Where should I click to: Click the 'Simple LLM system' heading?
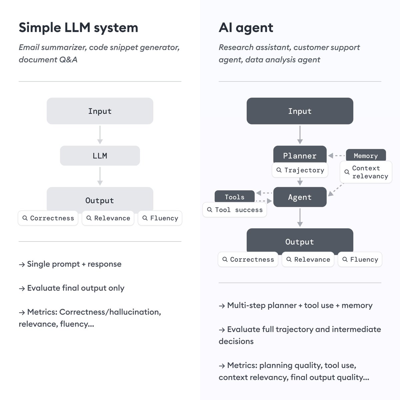pyautogui.click(x=78, y=28)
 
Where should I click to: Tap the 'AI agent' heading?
pyautogui.click(x=246, y=28)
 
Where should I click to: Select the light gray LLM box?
pyautogui.click(x=100, y=156)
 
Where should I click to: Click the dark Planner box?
pyautogui.click(x=300, y=155)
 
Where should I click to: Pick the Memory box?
pyautogui.click(x=366, y=155)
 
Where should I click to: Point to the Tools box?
pyautogui.click(x=234, y=196)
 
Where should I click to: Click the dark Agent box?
pyautogui.click(x=300, y=197)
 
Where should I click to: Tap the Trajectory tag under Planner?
pyautogui.click(x=300, y=170)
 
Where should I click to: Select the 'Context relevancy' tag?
pyautogui.click(x=366, y=172)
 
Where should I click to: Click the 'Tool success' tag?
pyautogui.click(x=235, y=210)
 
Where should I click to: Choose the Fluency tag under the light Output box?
pyautogui.click(x=160, y=218)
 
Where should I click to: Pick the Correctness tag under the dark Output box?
pyautogui.click(x=248, y=260)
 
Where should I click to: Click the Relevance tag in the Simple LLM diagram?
pyautogui.click(x=108, y=218)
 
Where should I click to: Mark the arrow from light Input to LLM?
pyautogui.click(x=100, y=135)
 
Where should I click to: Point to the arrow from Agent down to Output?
pyautogui.click(x=300, y=217)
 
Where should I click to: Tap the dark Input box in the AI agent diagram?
pyautogui.click(x=300, y=111)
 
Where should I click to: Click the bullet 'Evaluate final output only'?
pyautogui.click(x=75, y=288)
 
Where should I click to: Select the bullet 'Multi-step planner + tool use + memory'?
pyautogui.click(x=299, y=305)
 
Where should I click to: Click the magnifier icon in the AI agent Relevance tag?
pyautogui.click(x=289, y=259)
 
